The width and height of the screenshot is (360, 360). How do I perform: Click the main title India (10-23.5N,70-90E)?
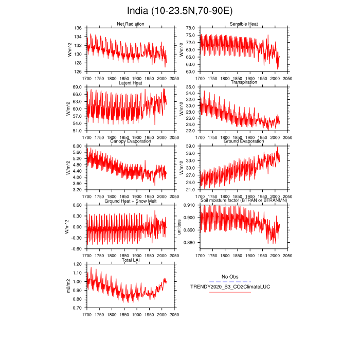pos(179,11)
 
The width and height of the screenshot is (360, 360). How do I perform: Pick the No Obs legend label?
pos(230,277)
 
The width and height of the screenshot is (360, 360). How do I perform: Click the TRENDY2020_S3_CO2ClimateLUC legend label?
pos(220,286)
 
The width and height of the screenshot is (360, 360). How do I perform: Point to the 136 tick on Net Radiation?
pos(78,28)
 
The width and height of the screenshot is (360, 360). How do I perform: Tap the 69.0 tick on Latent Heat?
pos(78,87)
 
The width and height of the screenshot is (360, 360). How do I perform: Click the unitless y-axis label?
pos(179,227)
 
